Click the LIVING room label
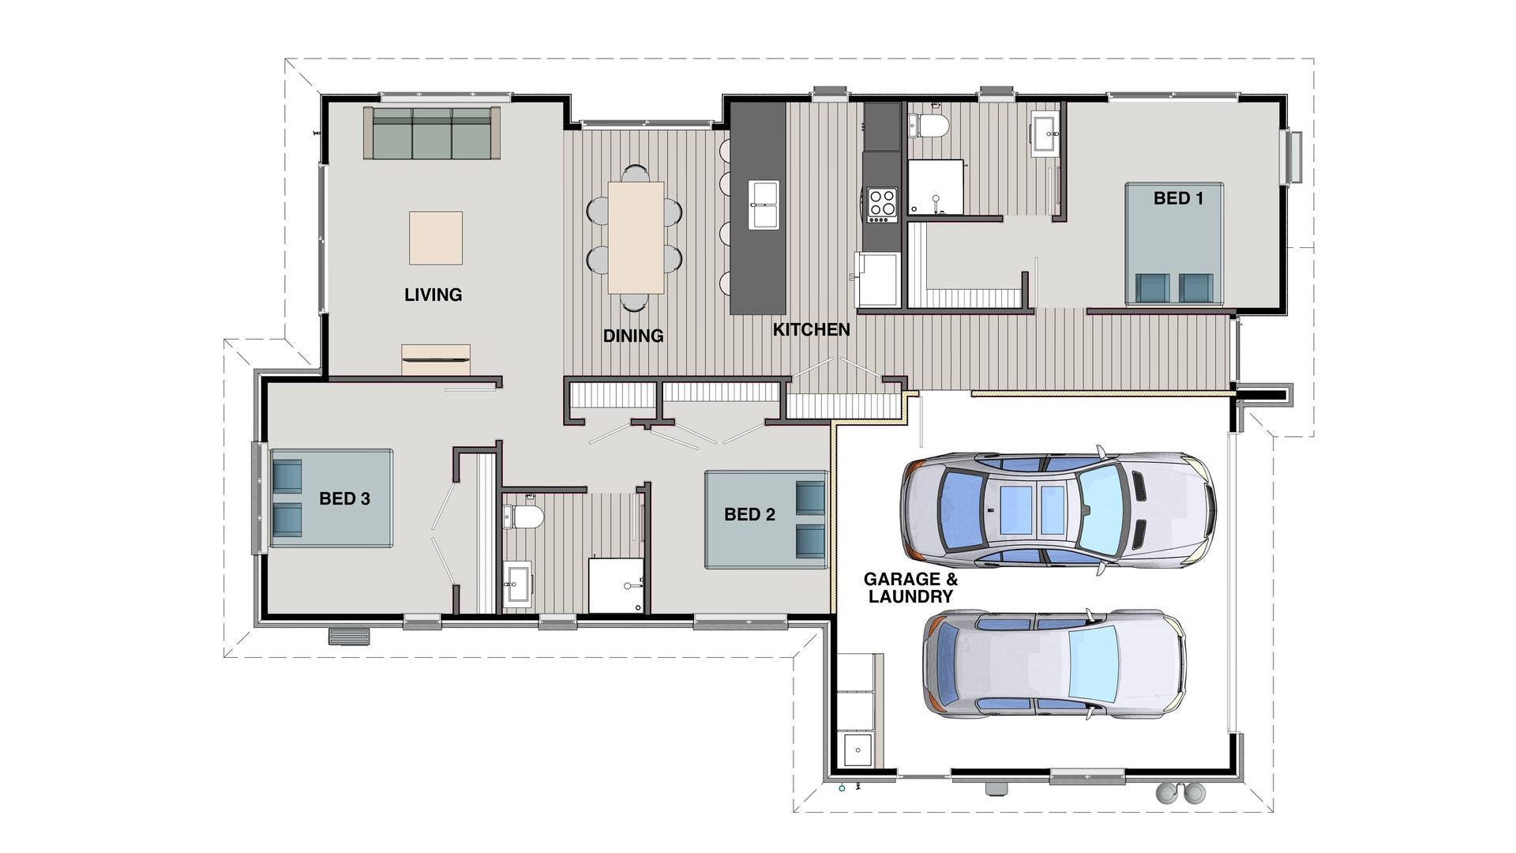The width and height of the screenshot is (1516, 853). pos(433,295)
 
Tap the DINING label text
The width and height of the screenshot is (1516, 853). pos(633,336)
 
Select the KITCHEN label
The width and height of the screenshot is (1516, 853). pos(811,329)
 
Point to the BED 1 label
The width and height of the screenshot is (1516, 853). pos(1178,198)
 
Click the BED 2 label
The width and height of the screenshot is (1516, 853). pos(749,515)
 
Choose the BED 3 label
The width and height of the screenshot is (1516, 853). pos(344,498)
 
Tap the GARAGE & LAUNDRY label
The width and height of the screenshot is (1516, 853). pos(910,588)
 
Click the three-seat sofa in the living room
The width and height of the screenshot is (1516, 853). pos(432,133)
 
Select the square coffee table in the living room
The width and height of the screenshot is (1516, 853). pos(435,238)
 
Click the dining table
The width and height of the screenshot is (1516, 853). pos(636,237)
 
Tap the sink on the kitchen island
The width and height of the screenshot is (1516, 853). pos(764,205)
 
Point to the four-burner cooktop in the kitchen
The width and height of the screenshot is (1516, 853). pos(882,203)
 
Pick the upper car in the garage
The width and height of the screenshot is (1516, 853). pos(1058,510)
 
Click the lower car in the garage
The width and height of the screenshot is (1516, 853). pos(1054,664)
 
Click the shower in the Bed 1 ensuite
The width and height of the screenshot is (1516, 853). pos(936,187)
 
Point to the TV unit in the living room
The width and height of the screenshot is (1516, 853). pos(436,359)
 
